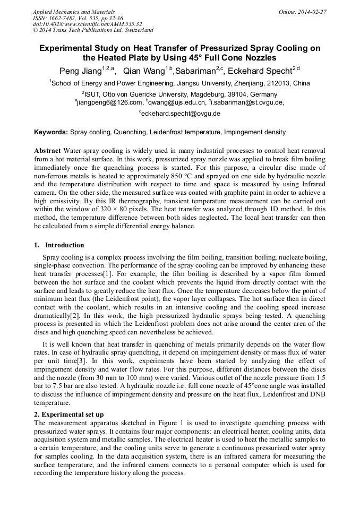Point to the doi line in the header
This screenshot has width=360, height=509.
(x=88, y=24)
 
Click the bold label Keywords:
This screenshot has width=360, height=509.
(x=51, y=132)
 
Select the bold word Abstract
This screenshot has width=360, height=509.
(x=47, y=151)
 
